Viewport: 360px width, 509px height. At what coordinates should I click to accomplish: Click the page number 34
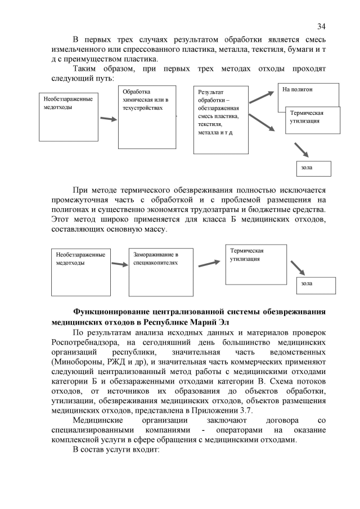321,26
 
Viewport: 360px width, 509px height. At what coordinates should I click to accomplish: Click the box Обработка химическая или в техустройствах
147,116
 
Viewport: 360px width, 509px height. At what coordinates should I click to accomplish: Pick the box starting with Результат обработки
220,119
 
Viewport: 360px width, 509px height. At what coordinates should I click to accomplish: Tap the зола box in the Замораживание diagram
316,285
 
